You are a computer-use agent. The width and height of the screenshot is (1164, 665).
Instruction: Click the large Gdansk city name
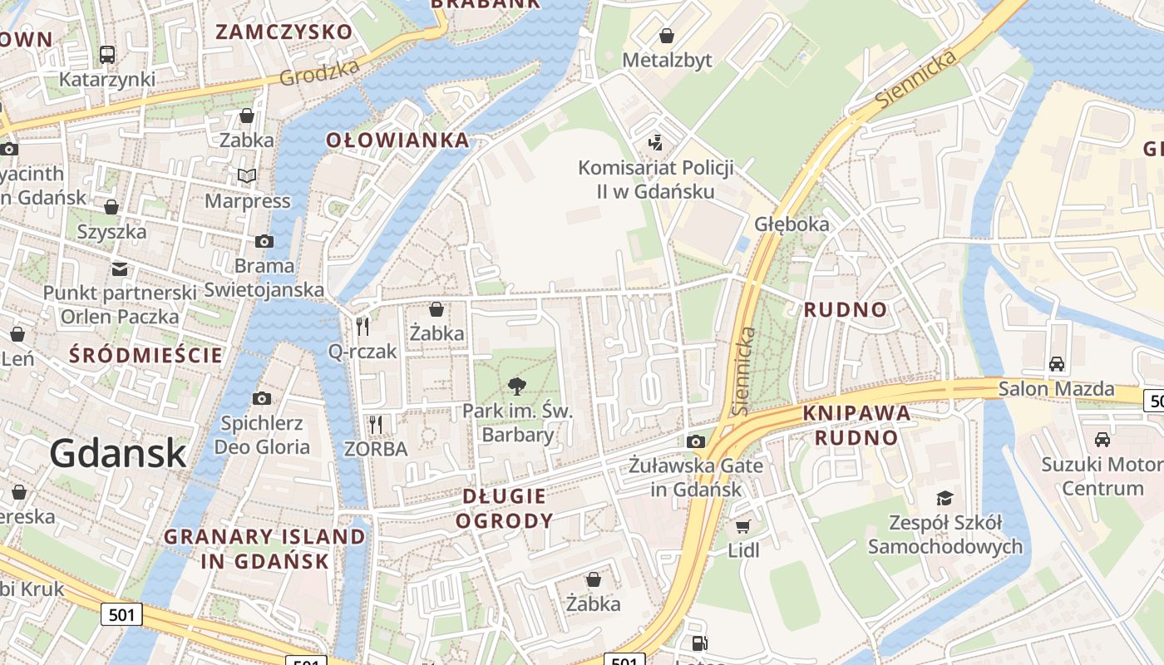pyautogui.click(x=117, y=453)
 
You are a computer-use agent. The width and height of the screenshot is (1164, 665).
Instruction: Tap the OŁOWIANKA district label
pyautogui.click(x=398, y=140)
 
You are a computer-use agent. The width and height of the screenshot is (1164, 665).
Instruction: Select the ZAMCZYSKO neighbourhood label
pyautogui.click(x=284, y=32)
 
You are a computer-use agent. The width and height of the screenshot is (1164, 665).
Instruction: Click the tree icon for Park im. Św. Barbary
pyautogui.click(x=517, y=386)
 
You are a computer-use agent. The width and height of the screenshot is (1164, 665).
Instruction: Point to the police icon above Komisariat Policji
pyautogui.click(x=655, y=142)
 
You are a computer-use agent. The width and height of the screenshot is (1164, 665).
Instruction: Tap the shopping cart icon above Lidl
pyautogui.click(x=743, y=525)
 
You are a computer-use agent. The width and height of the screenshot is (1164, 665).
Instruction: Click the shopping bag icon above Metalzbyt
pyautogui.click(x=667, y=36)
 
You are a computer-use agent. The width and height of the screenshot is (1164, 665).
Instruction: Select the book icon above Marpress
pyautogui.click(x=247, y=175)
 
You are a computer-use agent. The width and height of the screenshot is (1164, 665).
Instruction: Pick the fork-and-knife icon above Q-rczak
pyautogui.click(x=363, y=326)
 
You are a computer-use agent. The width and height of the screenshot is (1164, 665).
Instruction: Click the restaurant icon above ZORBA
pyautogui.click(x=376, y=424)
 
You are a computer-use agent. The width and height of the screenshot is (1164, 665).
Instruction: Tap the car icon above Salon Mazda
pyautogui.click(x=1056, y=363)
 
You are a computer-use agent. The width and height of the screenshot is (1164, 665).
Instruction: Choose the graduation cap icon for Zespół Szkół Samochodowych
pyautogui.click(x=945, y=498)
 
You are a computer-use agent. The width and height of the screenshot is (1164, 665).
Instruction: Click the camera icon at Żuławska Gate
pyautogui.click(x=696, y=441)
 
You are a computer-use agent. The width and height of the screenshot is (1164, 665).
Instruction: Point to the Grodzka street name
pyautogui.click(x=319, y=73)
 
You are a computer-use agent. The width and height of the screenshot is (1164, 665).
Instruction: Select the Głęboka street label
pyautogui.click(x=792, y=224)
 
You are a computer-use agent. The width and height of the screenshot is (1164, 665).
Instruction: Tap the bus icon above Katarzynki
pyautogui.click(x=107, y=55)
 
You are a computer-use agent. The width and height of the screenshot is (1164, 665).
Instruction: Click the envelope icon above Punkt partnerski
pyautogui.click(x=120, y=268)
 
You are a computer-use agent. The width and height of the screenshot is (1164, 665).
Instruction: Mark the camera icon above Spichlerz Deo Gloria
pyautogui.click(x=262, y=398)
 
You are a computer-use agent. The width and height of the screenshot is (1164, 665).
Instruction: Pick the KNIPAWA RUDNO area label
pyautogui.click(x=856, y=425)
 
